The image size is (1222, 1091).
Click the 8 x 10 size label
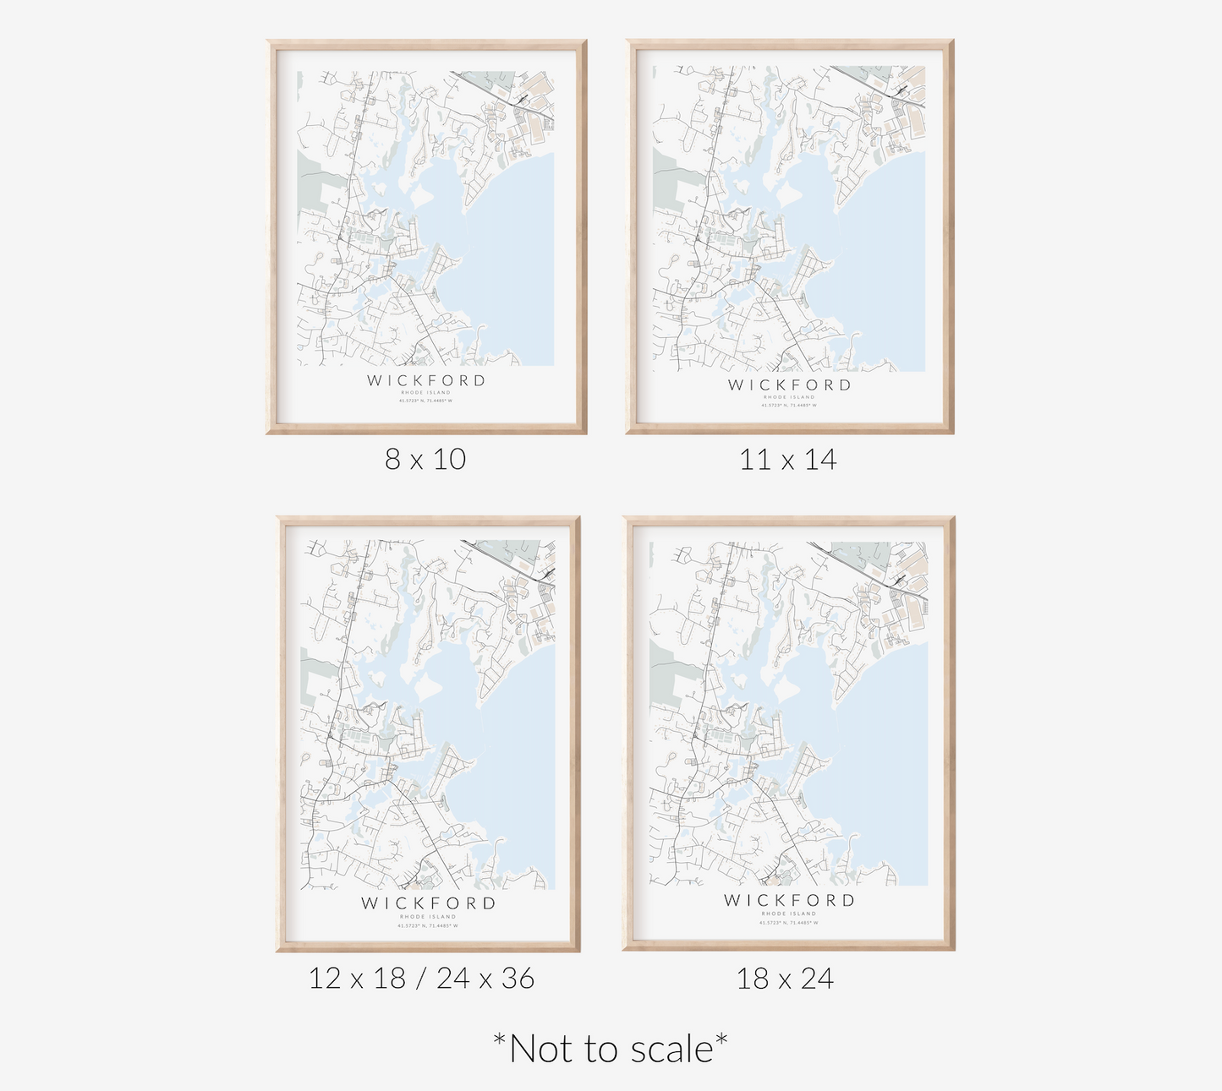click(x=425, y=459)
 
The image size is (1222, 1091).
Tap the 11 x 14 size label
click(x=787, y=460)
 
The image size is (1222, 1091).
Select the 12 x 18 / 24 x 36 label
click(x=421, y=979)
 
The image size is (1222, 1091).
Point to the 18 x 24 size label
click(x=785, y=979)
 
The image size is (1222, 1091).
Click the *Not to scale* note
click(x=610, y=1049)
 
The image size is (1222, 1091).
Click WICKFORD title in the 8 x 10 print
click(x=426, y=380)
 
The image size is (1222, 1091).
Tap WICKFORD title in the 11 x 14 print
click(x=789, y=385)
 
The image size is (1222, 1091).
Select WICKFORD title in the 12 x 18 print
click(x=428, y=903)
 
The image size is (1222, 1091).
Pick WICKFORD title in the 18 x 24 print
click(x=789, y=900)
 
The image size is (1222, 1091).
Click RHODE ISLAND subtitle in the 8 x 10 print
click(x=426, y=393)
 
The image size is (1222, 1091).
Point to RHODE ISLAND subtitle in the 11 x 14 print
click(x=789, y=397)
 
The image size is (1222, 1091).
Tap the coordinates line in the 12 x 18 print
click(x=428, y=925)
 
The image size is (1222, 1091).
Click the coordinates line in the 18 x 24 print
click(x=789, y=922)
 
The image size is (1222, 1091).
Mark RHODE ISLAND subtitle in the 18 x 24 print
click(x=789, y=914)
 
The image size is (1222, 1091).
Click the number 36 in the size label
click(x=518, y=979)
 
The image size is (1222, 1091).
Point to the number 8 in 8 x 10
click(x=392, y=459)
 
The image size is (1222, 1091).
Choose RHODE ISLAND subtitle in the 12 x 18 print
click(x=428, y=917)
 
